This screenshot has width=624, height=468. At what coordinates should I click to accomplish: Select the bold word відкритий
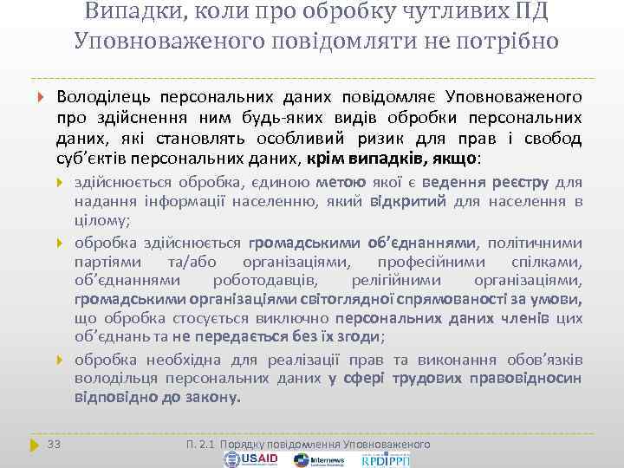(x=407, y=203)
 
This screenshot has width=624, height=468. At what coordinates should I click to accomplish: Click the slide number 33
(x=54, y=444)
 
